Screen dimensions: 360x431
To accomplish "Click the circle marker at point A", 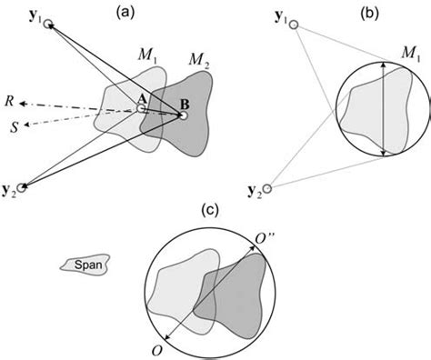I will [x=141, y=108].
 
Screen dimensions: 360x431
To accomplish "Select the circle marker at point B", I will [x=183, y=115].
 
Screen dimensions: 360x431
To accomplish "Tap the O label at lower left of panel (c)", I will [x=158, y=349].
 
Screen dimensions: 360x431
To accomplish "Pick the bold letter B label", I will [x=181, y=103].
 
